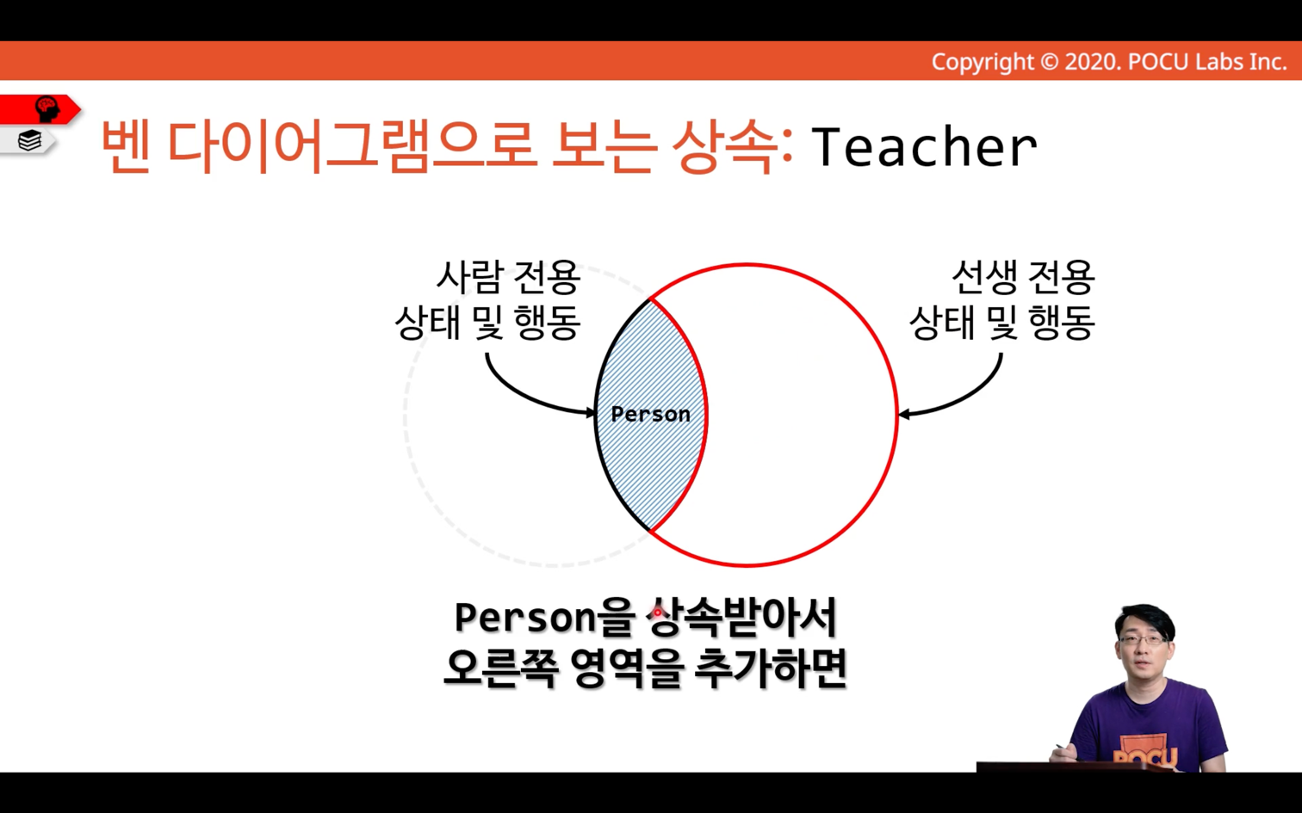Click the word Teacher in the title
924,146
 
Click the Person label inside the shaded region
650,414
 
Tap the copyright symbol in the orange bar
1049,62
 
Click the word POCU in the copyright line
1158,62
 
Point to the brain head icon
46,109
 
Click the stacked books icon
29,140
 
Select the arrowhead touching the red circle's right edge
904,414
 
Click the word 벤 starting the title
126,145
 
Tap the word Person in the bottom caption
525,618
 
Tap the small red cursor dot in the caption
657,612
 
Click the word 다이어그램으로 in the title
350,145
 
